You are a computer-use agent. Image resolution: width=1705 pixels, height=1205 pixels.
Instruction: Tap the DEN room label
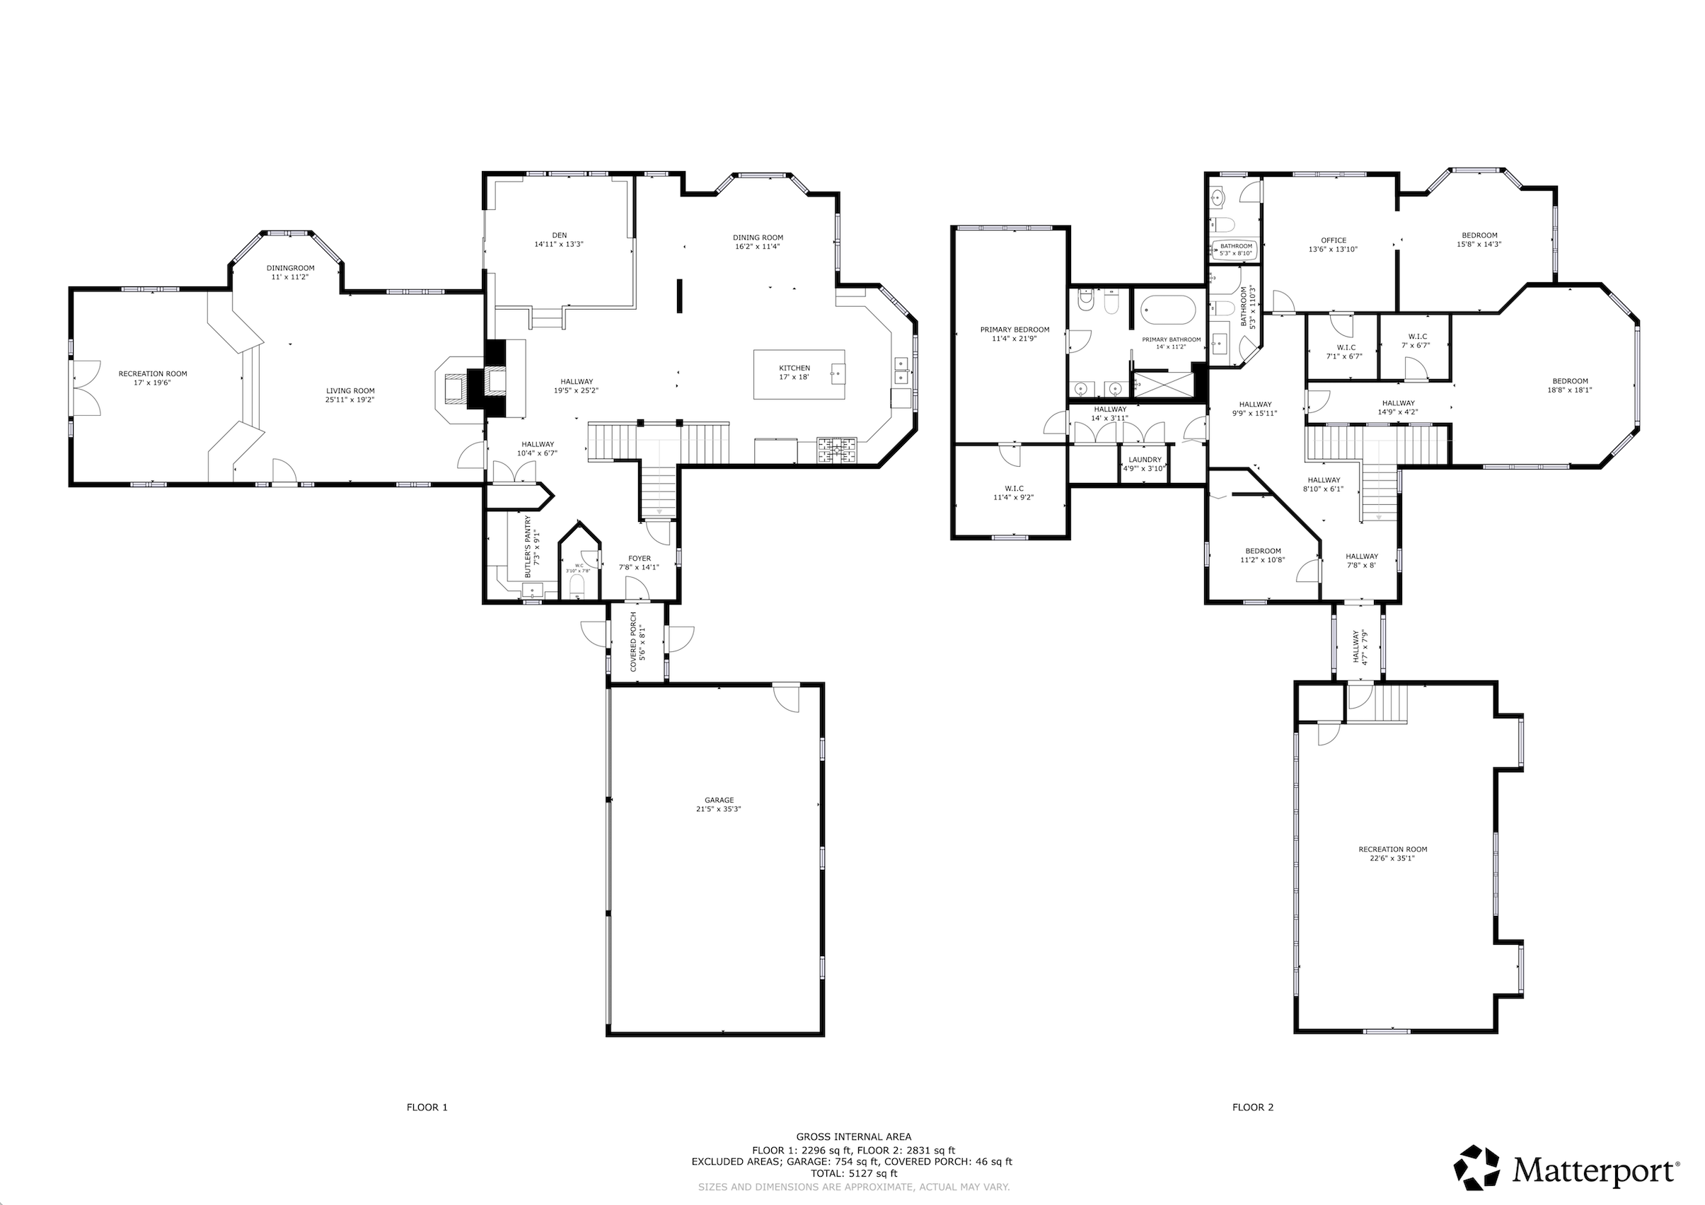pos(559,235)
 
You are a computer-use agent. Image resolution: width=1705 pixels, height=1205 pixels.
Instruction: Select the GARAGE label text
pos(719,801)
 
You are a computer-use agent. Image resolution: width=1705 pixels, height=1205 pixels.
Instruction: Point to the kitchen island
pos(799,374)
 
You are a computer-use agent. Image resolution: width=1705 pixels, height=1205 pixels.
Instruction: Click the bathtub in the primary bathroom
pos(1168,313)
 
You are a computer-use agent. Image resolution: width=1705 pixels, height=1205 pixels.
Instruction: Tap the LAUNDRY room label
pos(1145,460)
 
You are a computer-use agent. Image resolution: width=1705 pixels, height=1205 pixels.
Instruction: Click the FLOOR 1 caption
pos(427,1128)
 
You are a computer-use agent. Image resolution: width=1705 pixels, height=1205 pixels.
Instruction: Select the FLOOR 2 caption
pos(1253,1128)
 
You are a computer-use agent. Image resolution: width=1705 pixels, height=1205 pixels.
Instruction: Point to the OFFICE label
pos(1334,240)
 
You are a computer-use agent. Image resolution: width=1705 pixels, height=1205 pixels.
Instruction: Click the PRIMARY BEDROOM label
pos(1015,330)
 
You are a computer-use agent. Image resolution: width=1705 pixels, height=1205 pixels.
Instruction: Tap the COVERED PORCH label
pos(633,642)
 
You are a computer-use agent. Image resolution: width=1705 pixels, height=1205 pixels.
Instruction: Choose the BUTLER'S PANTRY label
pos(528,547)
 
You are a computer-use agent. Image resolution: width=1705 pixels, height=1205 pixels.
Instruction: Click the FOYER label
pos(640,559)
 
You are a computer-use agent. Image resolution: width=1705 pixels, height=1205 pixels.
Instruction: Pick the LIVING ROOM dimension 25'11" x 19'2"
pos(350,400)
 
